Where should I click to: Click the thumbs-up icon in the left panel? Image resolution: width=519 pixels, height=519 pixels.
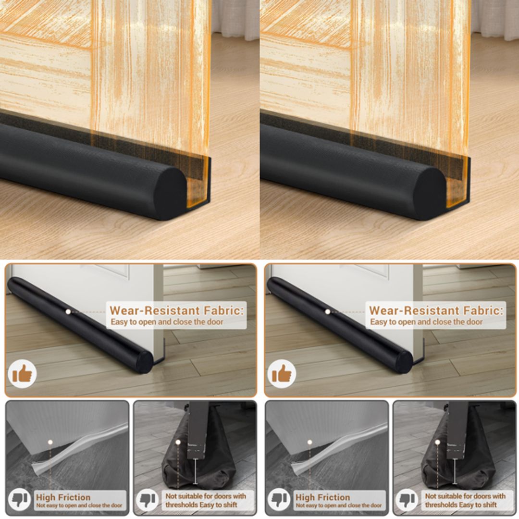pyautogui.click(x=22, y=373)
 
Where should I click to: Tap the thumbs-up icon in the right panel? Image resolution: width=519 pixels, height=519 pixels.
pyautogui.click(x=282, y=373)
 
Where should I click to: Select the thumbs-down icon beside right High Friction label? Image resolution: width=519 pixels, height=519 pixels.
pyautogui.click(x=280, y=500)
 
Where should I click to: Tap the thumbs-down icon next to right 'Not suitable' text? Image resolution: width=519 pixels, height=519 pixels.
pyautogui.click(x=408, y=500)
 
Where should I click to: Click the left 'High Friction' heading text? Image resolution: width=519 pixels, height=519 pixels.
pyautogui.click(x=63, y=497)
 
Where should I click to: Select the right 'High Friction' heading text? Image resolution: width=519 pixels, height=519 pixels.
pyautogui.click(x=322, y=497)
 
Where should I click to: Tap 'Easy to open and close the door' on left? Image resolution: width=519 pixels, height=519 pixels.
pyautogui.click(x=167, y=321)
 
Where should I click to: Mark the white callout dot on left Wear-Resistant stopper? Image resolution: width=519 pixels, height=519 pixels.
pyautogui.click(x=68, y=311)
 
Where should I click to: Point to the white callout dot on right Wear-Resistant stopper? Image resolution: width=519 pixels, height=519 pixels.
pyautogui.click(x=328, y=311)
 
